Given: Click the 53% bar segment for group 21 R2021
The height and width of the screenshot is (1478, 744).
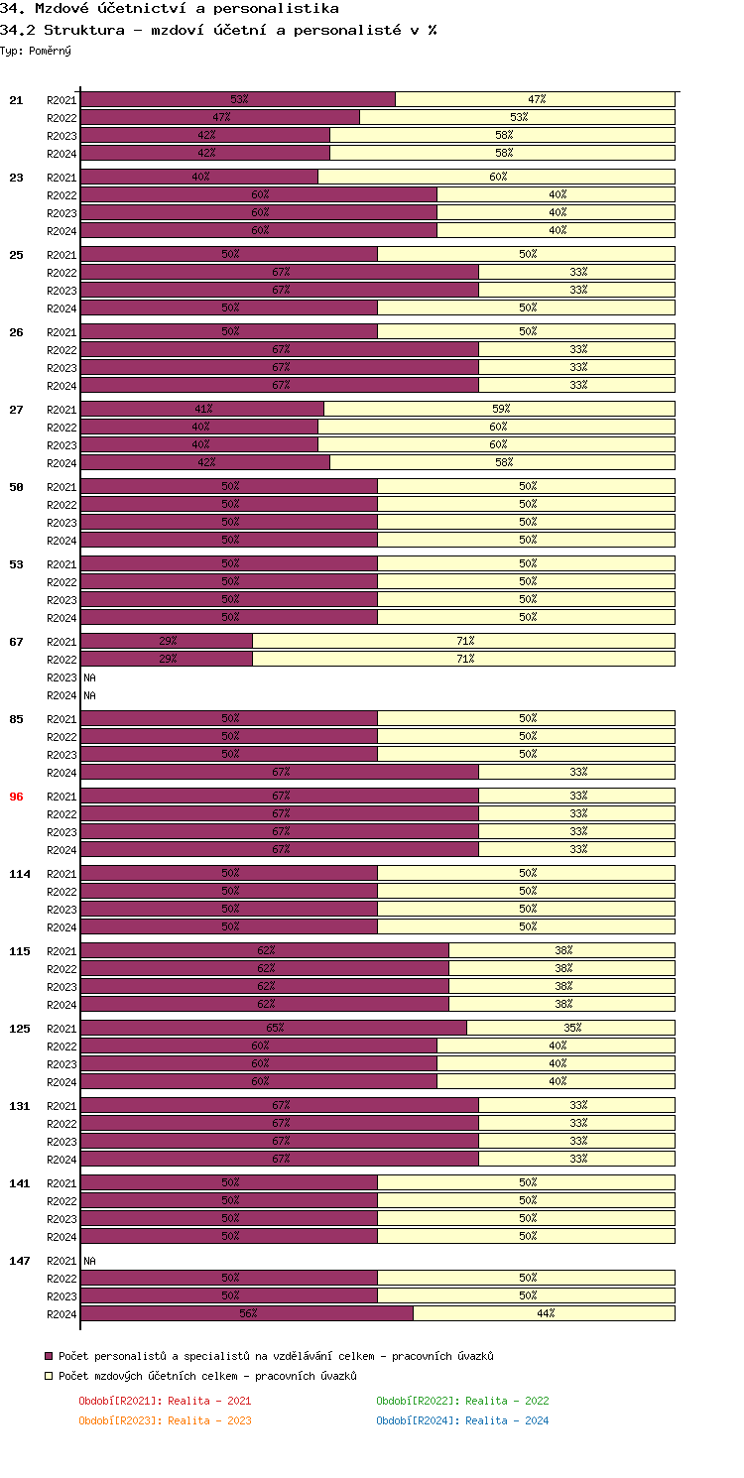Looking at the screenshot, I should point(238,99).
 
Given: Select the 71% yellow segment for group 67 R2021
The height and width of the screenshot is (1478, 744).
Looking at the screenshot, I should point(464,641).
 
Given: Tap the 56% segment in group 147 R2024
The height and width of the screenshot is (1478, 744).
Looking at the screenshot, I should point(247,1313).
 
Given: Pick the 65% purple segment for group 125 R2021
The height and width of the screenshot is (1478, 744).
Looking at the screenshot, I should point(274,1028).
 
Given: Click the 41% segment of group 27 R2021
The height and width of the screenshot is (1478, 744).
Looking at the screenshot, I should point(202,409).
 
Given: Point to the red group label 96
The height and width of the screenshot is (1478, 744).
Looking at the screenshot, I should point(16,797).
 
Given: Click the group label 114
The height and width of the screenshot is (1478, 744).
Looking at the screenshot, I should point(19,874).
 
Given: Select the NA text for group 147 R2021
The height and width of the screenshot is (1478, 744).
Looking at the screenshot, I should point(89,1261).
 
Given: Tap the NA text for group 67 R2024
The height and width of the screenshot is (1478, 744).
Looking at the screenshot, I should point(89,695).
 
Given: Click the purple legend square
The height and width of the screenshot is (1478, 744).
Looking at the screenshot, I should point(48,1356).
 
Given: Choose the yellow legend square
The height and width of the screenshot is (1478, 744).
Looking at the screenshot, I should point(48,1376).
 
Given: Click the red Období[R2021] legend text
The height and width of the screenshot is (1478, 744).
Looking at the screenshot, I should point(165,1401).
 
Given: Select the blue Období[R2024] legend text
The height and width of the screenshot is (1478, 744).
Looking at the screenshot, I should point(462,1420).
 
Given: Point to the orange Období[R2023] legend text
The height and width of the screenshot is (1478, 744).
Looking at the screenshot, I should point(165,1420).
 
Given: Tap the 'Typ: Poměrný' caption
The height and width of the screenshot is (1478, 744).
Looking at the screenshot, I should point(36,50).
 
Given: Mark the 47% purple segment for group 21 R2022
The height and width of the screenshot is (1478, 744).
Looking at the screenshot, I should point(220,117).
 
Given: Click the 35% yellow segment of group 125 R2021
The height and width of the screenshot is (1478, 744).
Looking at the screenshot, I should point(571,1028).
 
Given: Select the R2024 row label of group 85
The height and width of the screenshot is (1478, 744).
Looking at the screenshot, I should point(62,773).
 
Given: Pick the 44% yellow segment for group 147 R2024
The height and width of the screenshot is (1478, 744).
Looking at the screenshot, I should point(545,1313).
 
